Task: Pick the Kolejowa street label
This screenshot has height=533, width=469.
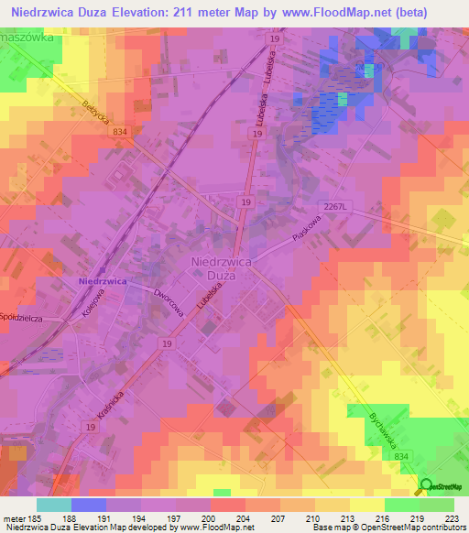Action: click(93, 305)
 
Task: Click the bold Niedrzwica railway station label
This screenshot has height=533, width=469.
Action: click(102, 280)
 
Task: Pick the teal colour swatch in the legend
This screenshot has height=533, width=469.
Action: click(54, 504)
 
